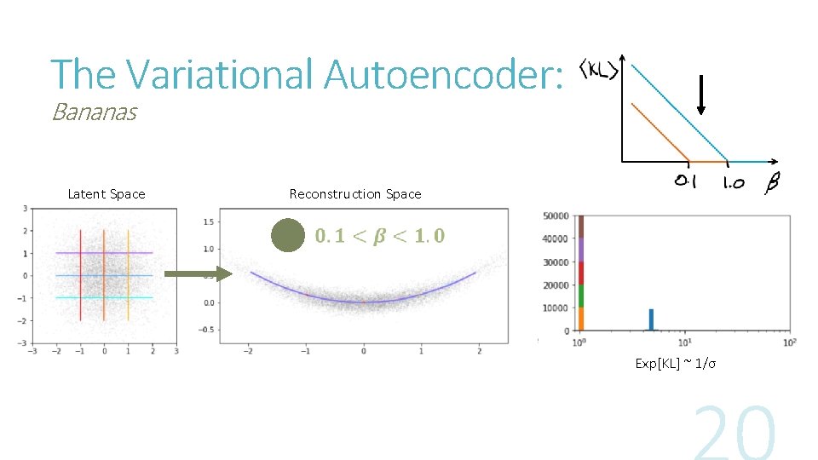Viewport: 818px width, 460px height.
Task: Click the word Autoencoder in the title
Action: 443,74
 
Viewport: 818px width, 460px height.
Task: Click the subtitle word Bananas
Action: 94,112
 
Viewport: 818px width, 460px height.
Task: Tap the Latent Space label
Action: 107,194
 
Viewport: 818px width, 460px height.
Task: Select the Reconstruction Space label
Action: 355,194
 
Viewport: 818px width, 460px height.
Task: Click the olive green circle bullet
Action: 288,235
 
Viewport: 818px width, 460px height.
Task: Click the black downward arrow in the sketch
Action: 700,95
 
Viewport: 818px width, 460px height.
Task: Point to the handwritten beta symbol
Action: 771,182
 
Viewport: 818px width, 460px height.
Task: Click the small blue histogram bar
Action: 651,319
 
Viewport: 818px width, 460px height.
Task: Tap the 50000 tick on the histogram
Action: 556,216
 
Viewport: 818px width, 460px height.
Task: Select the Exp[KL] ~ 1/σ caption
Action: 675,364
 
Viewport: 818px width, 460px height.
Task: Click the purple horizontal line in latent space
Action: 104,253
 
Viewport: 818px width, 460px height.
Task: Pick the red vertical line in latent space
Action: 80,274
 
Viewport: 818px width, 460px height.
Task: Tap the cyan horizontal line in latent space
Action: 104,297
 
